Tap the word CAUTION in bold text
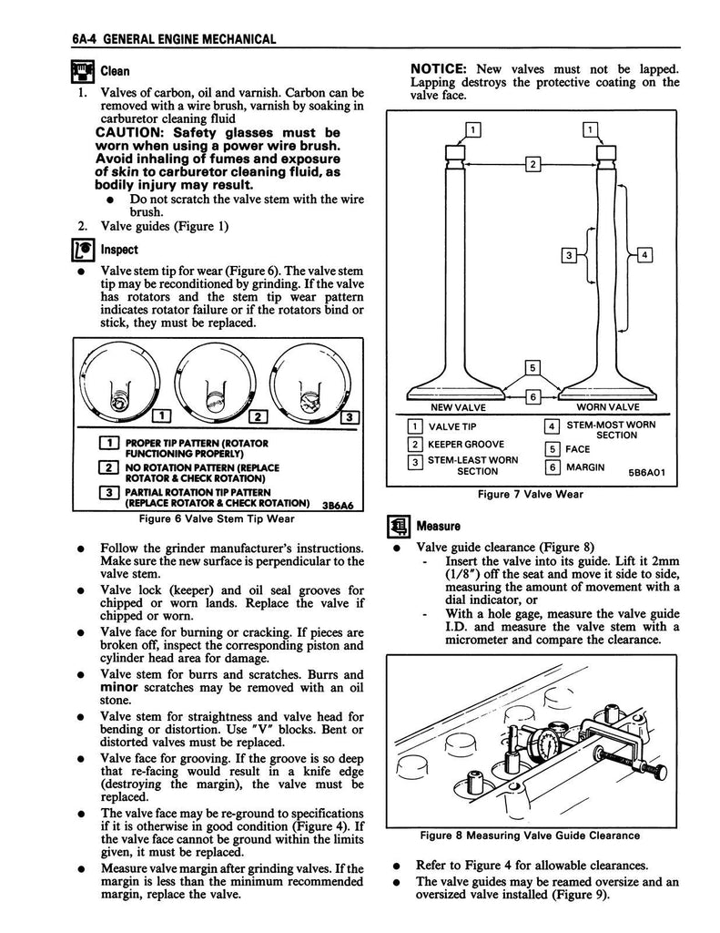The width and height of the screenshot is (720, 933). click(128, 133)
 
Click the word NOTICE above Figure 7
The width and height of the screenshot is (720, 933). click(438, 69)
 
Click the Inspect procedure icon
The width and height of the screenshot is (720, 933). click(83, 250)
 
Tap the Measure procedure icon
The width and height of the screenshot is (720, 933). click(399, 526)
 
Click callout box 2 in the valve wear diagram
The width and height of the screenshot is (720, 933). click(532, 164)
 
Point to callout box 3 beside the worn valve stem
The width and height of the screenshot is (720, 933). click(568, 256)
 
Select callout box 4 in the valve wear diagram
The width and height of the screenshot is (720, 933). click(645, 256)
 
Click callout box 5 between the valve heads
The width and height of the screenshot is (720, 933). click(532, 368)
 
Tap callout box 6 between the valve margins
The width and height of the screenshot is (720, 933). click(532, 396)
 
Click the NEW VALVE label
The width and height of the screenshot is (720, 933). click(458, 407)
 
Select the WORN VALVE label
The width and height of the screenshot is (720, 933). click(608, 407)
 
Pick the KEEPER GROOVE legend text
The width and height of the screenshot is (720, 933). click(465, 445)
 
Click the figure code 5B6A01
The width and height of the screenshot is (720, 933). click(647, 473)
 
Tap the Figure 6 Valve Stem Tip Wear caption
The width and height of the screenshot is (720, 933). click(217, 518)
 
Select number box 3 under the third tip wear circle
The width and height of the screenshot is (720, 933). click(350, 416)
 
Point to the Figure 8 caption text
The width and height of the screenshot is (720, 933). click(530, 836)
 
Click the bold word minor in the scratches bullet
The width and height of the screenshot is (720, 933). click(119, 688)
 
